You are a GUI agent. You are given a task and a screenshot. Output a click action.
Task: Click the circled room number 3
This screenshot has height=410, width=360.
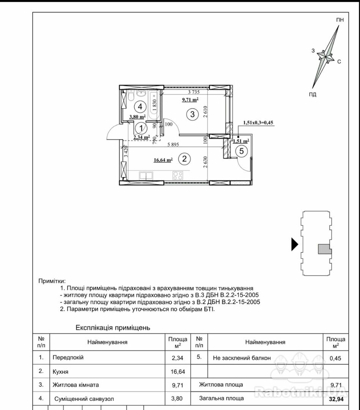point(193,114)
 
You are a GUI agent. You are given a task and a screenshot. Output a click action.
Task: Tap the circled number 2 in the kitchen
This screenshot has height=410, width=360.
point(184,159)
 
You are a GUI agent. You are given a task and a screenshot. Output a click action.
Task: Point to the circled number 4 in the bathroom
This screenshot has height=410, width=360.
point(140,107)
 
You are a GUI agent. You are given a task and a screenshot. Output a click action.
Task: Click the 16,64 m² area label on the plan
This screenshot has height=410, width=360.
point(163,160)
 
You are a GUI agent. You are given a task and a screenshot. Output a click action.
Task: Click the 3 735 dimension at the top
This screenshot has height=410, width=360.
point(194,92)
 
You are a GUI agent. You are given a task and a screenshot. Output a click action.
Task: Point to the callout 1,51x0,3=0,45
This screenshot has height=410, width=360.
point(258,122)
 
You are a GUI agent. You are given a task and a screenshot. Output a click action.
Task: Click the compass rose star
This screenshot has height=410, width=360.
point(325,57)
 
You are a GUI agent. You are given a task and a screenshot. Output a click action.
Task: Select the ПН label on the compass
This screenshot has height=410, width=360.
point(340,20)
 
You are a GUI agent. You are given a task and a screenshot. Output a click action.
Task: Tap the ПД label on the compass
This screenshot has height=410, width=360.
point(313,95)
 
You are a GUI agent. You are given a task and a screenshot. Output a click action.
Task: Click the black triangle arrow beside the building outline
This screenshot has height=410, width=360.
point(294,244)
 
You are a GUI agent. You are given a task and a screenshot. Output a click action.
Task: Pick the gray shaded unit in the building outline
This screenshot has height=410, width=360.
point(324,249)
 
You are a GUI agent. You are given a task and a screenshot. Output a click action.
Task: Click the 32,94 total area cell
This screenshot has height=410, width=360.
point(336,399)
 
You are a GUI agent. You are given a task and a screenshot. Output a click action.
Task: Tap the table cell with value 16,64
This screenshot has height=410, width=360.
point(177,371)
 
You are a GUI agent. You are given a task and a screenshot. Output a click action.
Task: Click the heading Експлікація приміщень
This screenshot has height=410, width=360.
point(113,327)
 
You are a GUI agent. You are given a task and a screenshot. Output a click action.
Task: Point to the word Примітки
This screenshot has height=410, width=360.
point(52,281)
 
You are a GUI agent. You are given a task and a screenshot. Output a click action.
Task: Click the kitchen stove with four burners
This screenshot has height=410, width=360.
point(178,175)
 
